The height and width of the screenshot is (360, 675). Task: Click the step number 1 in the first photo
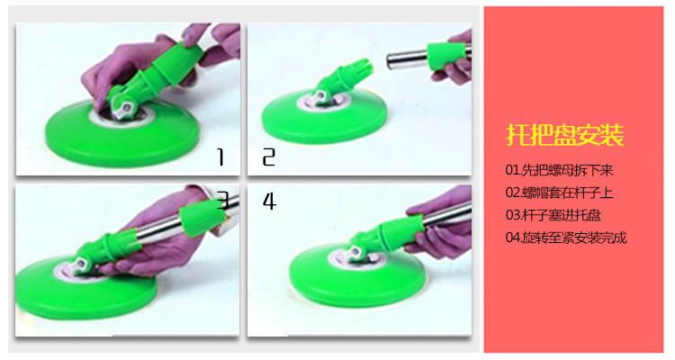(x=220, y=157)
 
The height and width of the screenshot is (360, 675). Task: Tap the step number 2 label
(x=268, y=157)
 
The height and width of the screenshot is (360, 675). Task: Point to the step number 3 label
(x=222, y=200)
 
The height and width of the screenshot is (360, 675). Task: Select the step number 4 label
(x=269, y=201)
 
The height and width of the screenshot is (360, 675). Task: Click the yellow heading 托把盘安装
(x=565, y=135)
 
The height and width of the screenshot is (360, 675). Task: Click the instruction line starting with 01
(x=559, y=170)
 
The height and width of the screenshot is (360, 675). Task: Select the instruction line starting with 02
(x=559, y=193)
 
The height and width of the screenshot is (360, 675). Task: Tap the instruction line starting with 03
(x=553, y=215)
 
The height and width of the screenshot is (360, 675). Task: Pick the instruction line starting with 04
(x=566, y=238)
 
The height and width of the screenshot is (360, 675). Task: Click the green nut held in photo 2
(x=446, y=55)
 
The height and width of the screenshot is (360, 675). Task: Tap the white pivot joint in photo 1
(x=124, y=108)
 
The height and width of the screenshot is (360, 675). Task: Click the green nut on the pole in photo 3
(x=201, y=219)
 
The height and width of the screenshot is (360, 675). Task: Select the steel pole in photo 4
(x=446, y=213)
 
